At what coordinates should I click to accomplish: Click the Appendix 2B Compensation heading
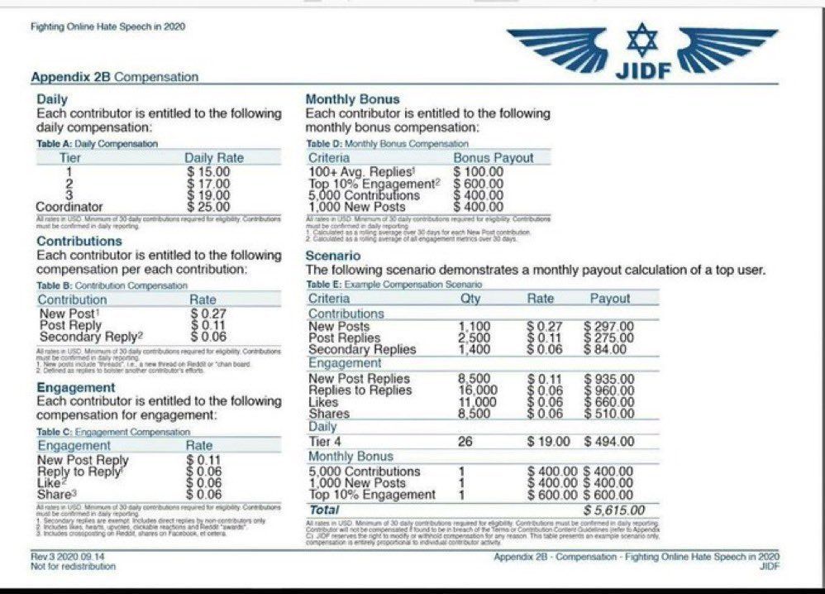115,77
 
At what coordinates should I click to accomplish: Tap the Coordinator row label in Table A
69,206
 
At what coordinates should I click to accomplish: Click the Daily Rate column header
214,158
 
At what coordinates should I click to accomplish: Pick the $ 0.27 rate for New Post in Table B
207,314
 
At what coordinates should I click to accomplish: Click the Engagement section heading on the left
76,387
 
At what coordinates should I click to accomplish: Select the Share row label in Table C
55,494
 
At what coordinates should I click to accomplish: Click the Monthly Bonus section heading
352,99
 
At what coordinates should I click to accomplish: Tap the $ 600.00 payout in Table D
478,184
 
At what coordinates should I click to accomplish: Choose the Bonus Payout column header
494,158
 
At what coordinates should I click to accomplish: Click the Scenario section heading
333,256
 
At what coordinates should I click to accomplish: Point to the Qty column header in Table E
469,299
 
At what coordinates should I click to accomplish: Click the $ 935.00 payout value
609,379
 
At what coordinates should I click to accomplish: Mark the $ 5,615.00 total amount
614,510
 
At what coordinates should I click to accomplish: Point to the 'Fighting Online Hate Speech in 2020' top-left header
107,26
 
